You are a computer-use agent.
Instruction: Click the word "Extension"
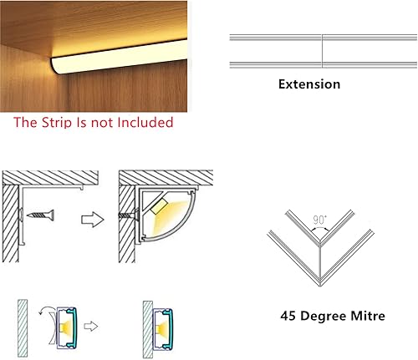tap(308, 84)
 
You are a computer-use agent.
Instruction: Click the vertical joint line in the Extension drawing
tap(322, 51)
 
